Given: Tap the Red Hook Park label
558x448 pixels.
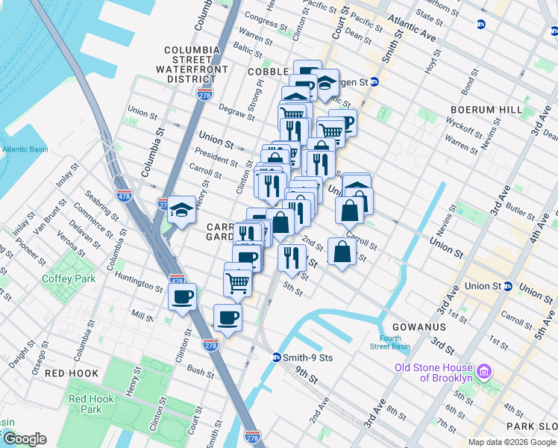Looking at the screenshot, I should [x=91, y=404].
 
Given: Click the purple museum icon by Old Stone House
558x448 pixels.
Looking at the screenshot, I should [x=483, y=371].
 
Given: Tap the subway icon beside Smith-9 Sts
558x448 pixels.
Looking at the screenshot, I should [x=276, y=357].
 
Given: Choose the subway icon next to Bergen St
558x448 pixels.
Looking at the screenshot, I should [x=374, y=81].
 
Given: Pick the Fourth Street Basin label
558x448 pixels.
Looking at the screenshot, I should [x=390, y=342].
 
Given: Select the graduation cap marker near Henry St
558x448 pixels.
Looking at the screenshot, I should [x=182, y=211].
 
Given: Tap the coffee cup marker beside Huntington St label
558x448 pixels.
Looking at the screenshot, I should [x=182, y=298].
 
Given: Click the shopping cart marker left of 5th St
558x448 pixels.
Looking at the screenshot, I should [x=238, y=281].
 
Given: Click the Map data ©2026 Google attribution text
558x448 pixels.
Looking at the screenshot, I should [x=511, y=442].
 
